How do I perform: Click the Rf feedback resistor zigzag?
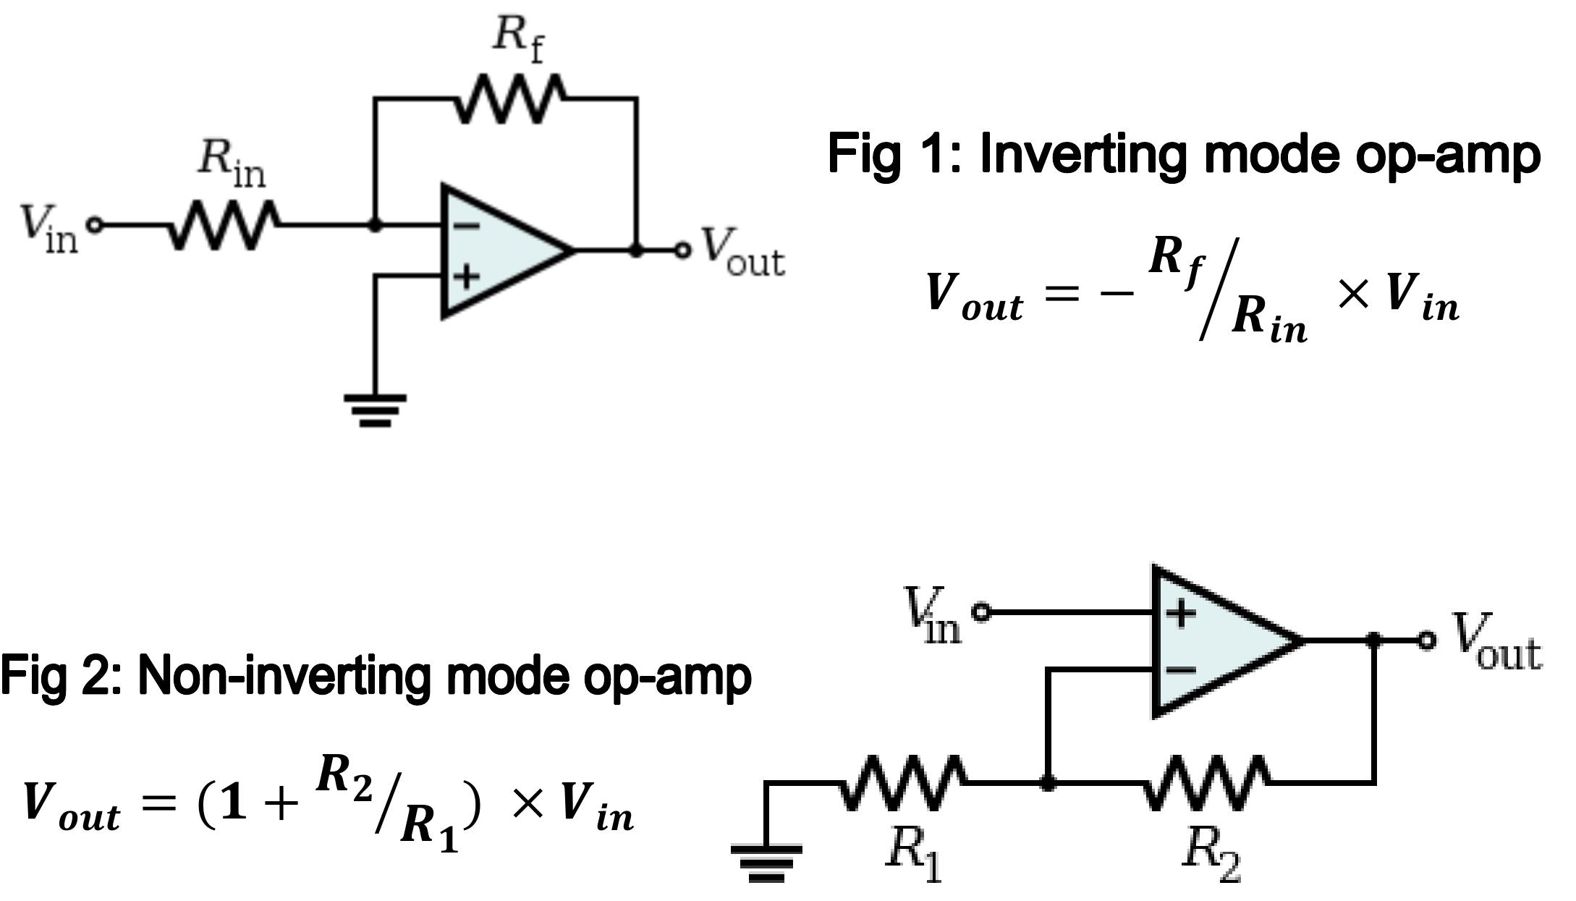[x=509, y=99]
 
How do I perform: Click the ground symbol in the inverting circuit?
[x=375, y=410]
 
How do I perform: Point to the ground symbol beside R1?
[x=766, y=862]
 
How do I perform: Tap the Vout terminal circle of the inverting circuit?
[x=682, y=250]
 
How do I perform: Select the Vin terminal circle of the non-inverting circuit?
[x=981, y=612]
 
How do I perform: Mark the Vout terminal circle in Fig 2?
[x=1426, y=640]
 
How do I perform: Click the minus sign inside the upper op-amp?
[x=466, y=226]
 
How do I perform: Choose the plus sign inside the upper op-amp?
[x=466, y=276]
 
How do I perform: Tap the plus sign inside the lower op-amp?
[x=1181, y=614]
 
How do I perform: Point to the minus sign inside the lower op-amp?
[x=1181, y=669]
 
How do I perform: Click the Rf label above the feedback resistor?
[x=517, y=38]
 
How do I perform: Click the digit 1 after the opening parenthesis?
[x=234, y=803]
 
